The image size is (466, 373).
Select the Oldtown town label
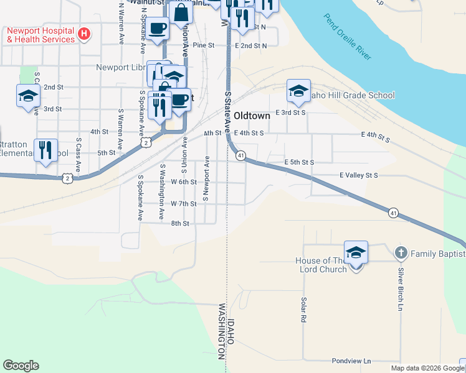coord(254,116)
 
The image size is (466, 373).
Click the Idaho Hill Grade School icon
coord(298,91)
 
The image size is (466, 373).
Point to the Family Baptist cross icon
coord(401,253)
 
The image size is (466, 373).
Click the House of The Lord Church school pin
coord(356,253)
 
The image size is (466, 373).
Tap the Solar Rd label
coord(303,309)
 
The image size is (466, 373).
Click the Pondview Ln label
coord(351,361)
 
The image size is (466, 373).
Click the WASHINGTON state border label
coord(221,331)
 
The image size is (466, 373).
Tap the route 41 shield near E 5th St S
coord(240,155)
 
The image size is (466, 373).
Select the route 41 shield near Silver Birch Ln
coord(393,213)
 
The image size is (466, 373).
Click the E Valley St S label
coord(359,176)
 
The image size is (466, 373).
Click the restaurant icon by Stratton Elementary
coord(45,150)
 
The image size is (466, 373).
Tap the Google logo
coord(21,366)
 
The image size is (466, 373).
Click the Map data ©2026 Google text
coord(427,368)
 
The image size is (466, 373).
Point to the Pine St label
coord(203,45)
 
